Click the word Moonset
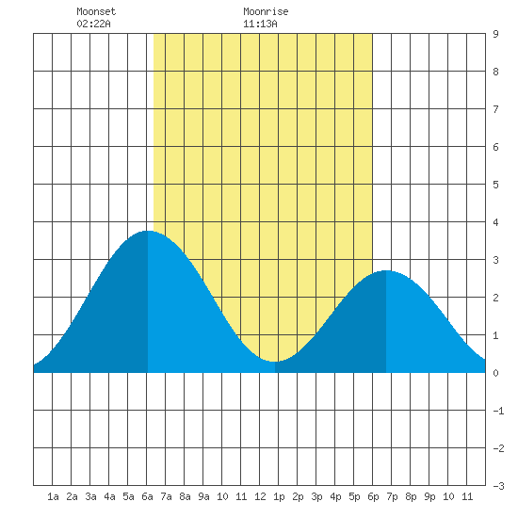pyautogui.click(x=96, y=11)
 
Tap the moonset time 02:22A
pyautogui.click(x=93, y=24)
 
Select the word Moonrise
pyautogui.click(x=266, y=11)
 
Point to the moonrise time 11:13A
pyautogui.click(x=260, y=24)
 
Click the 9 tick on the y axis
pyautogui.click(x=495, y=34)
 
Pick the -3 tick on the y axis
pyautogui.click(x=498, y=486)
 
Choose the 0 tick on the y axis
pyautogui.click(x=495, y=373)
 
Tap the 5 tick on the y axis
pyautogui.click(x=495, y=185)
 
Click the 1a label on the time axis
pyautogui.click(x=53, y=496)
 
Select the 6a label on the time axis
pyautogui.click(x=147, y=496)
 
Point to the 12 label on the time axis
pyautogui.click(x=260, y=496)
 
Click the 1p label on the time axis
pyautogui.click(x=279, y=497)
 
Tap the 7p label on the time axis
pyautogui.click(x=392, y=497)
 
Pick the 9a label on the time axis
pyautogui.click(x=203, y=496)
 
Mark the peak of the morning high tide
pyautogui.click(x=148, y=231)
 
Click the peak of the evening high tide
pyautogui.click(x=386, y=270)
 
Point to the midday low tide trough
pyautogui.click(x=275, y=362)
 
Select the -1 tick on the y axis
pyautogui.click(x=498, y=411)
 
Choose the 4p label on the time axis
pyautogui.click(x=335, y=497)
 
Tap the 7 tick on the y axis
pyautogui.click(x=495, y=109)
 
